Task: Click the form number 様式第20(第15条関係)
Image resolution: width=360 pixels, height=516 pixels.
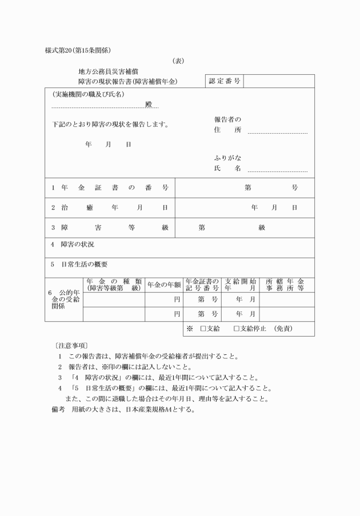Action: [78, 50]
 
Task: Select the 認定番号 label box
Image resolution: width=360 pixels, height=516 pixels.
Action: [225, 81]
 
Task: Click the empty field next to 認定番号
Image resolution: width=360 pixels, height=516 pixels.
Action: [279, 81]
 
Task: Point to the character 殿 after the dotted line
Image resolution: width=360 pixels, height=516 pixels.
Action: [149, 105]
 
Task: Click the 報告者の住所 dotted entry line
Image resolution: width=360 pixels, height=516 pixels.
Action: [277, 131]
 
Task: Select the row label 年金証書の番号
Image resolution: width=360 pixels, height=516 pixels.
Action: [109, 187]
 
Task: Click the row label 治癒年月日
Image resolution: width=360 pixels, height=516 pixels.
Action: [109, 207]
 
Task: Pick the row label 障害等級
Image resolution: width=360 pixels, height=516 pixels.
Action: [109, 227]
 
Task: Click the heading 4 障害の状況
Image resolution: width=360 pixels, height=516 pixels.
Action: [73, 245]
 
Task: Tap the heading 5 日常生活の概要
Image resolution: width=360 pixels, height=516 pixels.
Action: [79, 265]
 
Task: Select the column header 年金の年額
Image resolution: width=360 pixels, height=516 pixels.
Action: [164, 285]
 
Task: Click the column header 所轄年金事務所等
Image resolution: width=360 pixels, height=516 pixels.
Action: [286, 285]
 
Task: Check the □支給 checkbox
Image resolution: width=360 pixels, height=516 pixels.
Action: [203, 329]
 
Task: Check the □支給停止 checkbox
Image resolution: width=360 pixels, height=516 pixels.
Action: [237, 329]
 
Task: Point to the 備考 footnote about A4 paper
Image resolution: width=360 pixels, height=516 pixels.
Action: [123, 409]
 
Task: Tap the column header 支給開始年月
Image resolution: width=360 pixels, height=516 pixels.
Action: [240, 285]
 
